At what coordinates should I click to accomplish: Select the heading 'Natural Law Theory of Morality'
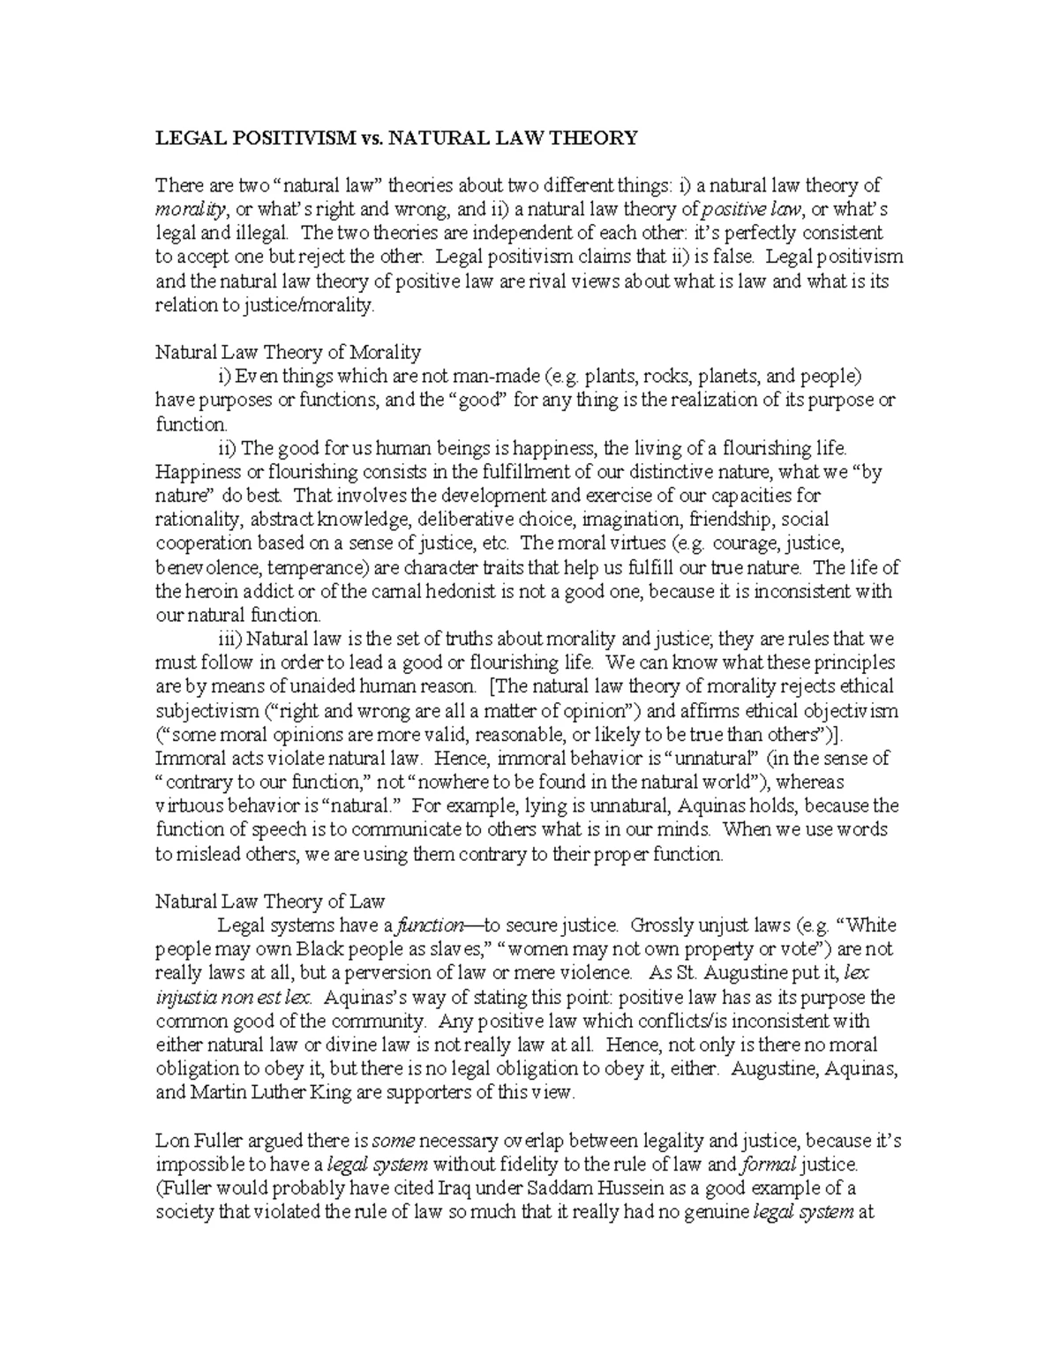(288, 352)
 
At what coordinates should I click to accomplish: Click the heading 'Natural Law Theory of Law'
(270, 901)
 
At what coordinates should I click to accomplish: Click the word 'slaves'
(452, 949)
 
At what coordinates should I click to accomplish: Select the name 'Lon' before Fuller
(170, 1141)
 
